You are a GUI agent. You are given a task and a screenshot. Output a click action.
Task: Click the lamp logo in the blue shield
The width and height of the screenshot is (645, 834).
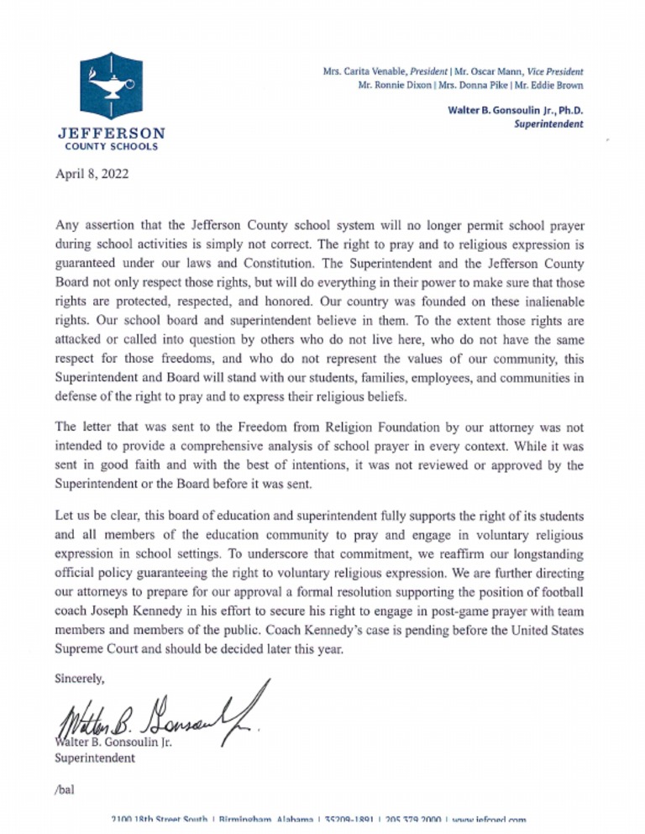click(111, 86)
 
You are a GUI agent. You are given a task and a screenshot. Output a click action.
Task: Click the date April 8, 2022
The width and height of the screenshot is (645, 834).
click(89, 177)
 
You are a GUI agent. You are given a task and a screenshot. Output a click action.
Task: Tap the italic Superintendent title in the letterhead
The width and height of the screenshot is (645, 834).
click(550, 124)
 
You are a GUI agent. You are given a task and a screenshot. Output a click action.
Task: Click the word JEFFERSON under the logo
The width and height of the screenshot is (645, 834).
click(110, 134)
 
